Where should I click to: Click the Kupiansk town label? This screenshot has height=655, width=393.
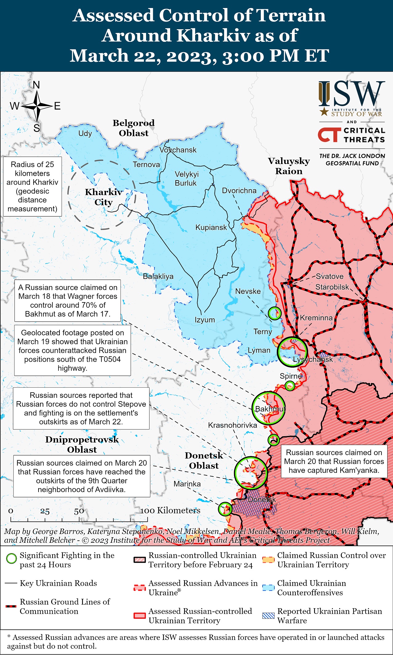pyautogui.click(x=211, y=227)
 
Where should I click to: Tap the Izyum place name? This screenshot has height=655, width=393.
pyautogui.click(x=205, y=320)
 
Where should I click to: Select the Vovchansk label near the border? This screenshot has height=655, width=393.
pyautogui.click(x=178, y=150)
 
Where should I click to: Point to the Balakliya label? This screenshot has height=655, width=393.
pyautogui.click(x=158, y=276)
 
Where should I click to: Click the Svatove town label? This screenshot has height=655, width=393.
pyautogui.click(x=330, y=276)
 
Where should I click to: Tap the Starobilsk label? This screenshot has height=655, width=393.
pyautogui.click(x=332, y=287)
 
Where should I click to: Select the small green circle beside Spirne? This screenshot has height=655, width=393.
pyautogui.click(x=290, y=385)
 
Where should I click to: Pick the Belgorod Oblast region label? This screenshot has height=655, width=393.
pyautogui.click(x=133, y=128)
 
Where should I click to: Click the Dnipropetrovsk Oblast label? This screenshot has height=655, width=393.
pyautogui.click(x=82, y=444)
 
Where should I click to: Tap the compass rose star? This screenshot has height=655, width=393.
pyautogui.click(x=37, y=106)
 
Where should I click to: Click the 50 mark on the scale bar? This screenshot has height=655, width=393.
pyautogui.click(x=79, y=511)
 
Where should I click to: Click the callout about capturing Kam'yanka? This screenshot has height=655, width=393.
pyautogui.click(x=334, y=461)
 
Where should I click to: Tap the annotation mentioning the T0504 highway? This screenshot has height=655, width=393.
pyautogui.click(x=72, y=350)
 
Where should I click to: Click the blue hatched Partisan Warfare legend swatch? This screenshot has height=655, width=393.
pyautogui.click(x=268, y=616)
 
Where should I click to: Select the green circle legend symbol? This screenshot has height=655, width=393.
pyautogui.click(x=11, y=558)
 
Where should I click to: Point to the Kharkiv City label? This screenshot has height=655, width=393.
pyautogui.click(x=104, y=197)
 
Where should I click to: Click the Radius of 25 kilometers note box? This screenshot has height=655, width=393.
pyautogui.click(x=32, y=186)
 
